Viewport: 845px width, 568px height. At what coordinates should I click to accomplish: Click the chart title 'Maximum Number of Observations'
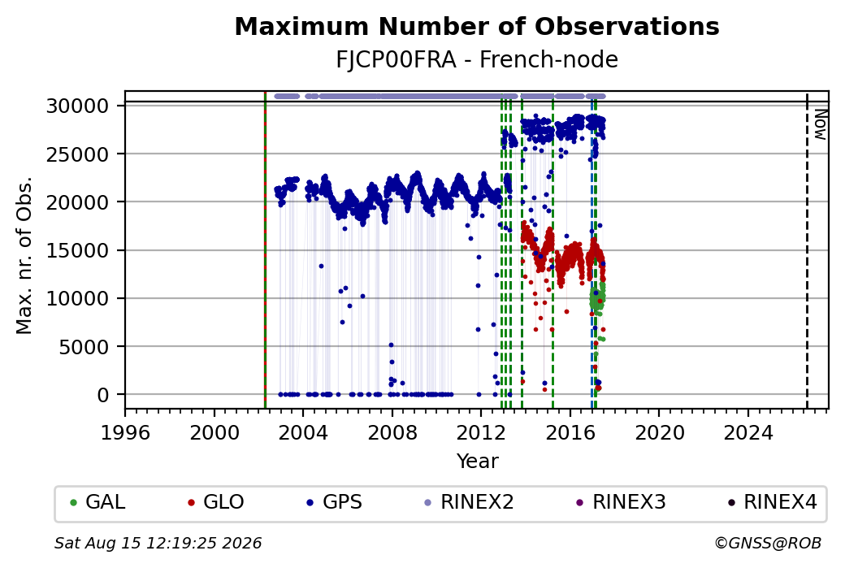477,26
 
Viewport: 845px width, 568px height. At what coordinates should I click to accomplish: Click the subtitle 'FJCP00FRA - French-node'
477,59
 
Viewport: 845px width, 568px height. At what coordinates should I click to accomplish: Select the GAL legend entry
97,502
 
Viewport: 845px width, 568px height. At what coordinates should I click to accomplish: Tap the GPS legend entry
334,502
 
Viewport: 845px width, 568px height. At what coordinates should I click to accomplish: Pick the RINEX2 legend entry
469,502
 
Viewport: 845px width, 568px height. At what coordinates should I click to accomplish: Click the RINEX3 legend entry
621,502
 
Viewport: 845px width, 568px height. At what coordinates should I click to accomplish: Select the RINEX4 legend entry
772,502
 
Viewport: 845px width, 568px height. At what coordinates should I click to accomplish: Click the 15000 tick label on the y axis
78,250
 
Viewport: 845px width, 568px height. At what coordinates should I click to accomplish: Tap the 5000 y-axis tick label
84,347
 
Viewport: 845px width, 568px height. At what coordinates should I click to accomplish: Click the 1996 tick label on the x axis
125,433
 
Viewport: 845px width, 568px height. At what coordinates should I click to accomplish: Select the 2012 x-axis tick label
481,433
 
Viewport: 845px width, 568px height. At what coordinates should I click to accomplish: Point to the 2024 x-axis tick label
748,433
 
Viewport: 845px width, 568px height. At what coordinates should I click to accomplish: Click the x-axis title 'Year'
478,462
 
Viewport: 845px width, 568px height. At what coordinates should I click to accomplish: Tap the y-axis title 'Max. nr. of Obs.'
24,255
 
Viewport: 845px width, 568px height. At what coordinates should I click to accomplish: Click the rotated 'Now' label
820,124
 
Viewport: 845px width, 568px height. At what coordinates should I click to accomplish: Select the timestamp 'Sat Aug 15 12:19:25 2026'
158,543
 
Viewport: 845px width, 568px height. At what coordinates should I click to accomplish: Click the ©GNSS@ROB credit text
768,543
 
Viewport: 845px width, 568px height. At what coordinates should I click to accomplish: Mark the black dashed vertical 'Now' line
807,250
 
